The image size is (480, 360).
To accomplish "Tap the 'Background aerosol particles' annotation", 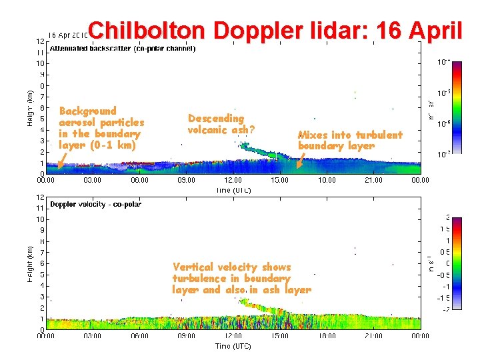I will coord(101,128).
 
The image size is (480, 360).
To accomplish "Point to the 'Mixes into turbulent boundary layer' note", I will coord(350,140).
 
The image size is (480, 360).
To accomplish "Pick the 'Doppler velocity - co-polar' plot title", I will coord(95,204).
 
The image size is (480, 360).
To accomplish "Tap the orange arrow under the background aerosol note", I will coord(62,159).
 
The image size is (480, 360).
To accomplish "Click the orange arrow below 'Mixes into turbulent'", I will coord(300,159).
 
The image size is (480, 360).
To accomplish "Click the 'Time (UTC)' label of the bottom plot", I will coord(233,346).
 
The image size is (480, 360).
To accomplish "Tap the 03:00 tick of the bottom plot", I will coord(92,336).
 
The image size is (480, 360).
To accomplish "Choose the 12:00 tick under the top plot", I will coord(233,180).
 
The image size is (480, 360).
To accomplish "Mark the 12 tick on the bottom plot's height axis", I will coord(40,197).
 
